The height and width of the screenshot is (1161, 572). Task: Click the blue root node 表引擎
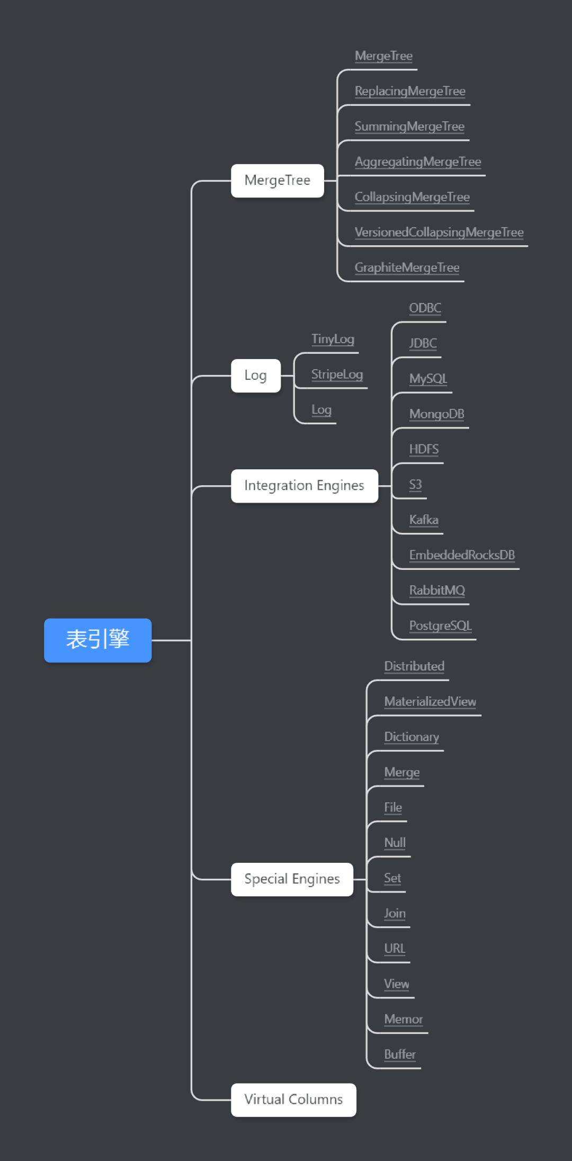coord(98,640)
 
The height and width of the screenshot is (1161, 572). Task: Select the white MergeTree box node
coord(278,181)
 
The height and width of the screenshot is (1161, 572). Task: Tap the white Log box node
coord(256,376)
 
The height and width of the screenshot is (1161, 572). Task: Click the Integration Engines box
coord(305,486)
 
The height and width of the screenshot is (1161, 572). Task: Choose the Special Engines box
coord(292,879)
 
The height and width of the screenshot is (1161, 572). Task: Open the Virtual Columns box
coord(294,1100)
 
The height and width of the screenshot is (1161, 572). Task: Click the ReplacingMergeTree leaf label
coord(410,91)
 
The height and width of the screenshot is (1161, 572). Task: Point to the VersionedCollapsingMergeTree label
coord(439,232)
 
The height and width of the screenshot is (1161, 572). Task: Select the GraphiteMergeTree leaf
coord(407,267)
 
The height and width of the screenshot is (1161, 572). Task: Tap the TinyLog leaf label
coord(333,339)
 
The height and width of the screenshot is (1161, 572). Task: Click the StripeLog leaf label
coord(337,374)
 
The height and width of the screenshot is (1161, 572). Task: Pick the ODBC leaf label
coord(425,308)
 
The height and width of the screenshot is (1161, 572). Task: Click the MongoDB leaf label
coord(436,414)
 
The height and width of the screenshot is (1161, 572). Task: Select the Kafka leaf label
coord(424,520)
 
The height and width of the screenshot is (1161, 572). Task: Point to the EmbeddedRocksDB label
coord(462,555)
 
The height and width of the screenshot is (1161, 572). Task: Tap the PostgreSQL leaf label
coord(440,626)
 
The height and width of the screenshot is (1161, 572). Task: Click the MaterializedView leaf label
coord(430,701)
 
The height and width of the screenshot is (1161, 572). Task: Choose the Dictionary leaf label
coord(412,737)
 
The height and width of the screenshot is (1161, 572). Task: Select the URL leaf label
coord(395,948)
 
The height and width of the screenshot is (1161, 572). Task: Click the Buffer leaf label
coord(400,1054)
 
